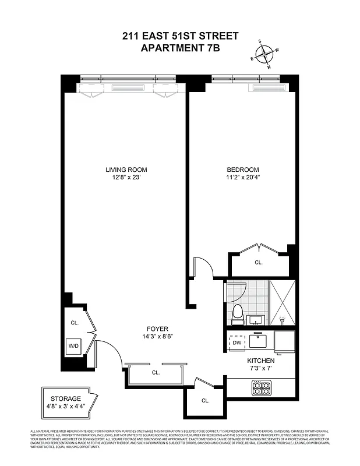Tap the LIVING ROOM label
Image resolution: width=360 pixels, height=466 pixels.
(x=123, y=170)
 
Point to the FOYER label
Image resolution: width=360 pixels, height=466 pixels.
(x=157, y=329)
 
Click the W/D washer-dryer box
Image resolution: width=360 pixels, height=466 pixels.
(x=74, y=345)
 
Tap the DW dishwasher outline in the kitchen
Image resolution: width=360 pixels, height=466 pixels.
(x=237, y=343)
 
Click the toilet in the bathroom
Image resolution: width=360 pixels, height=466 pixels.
(x=237, y=315)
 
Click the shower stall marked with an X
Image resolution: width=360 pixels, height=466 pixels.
(x=283, y=302)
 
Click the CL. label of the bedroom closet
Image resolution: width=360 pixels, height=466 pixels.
(x=259, y=263)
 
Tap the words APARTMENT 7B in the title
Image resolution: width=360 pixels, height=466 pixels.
(x=180, y=48)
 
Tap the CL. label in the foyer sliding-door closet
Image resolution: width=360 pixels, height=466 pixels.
(x=156, y=372)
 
